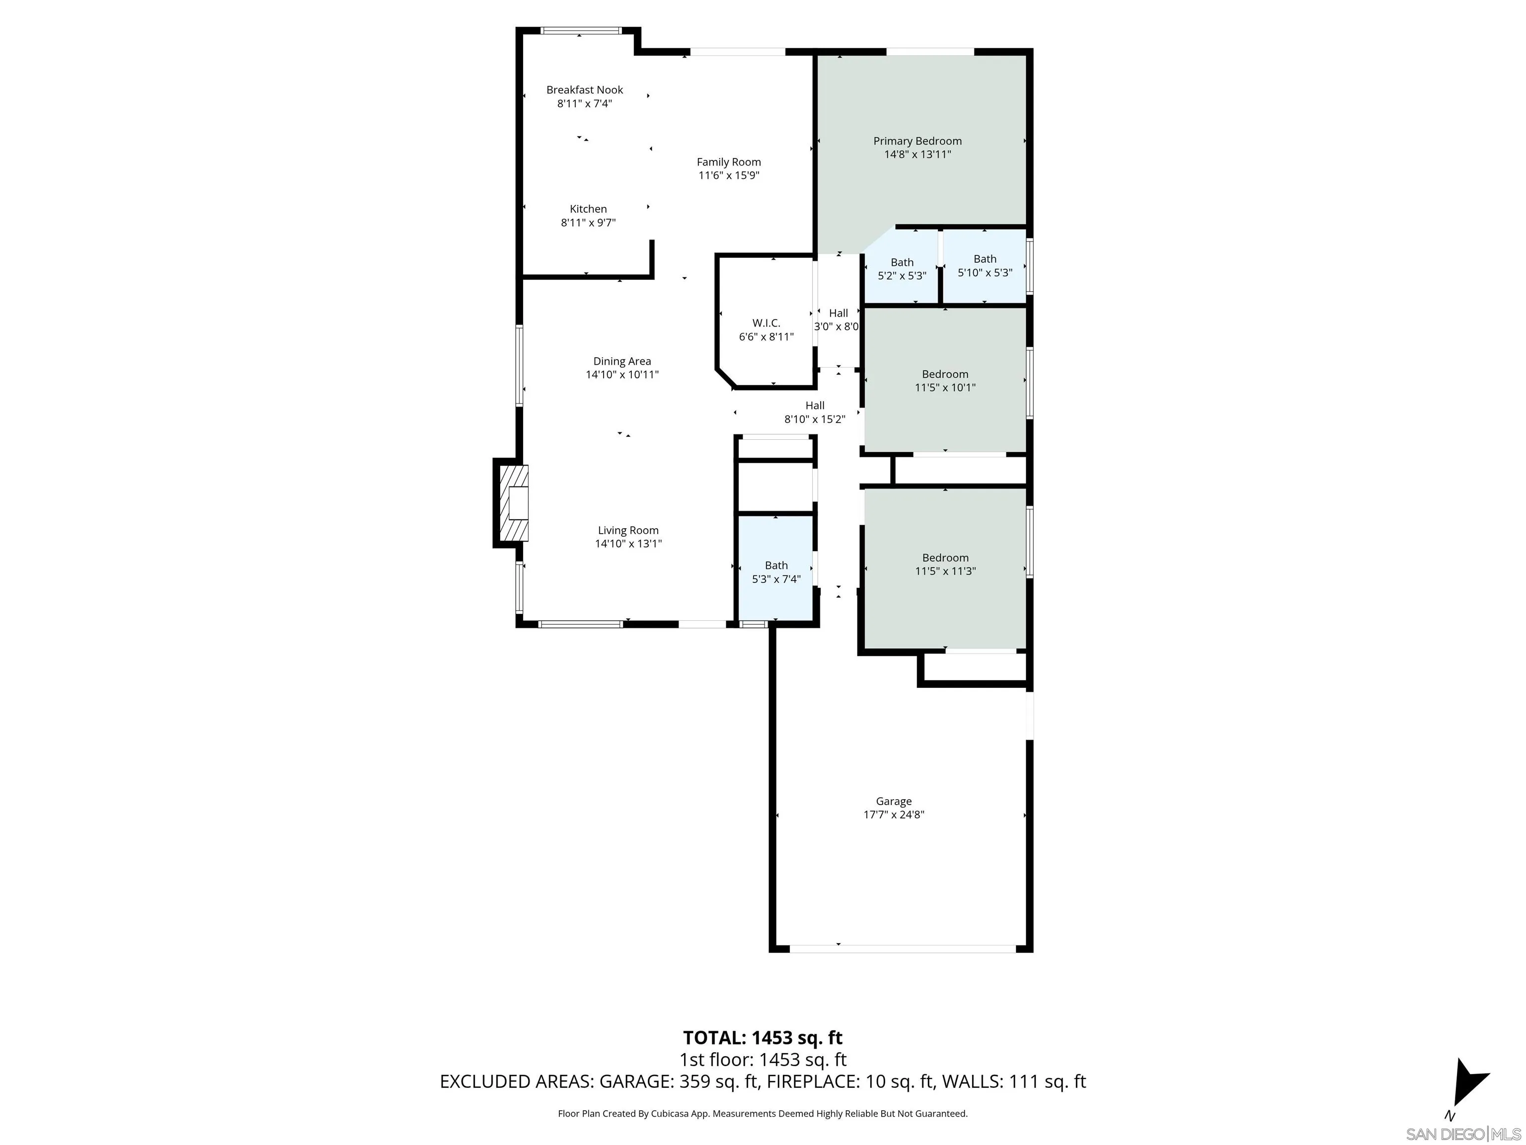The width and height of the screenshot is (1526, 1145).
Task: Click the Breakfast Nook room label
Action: click(584, 90)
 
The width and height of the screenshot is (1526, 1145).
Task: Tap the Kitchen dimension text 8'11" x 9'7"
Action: click(588, 222)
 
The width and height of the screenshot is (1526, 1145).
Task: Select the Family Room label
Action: click(729, 162)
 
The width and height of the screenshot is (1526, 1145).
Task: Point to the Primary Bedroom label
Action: click(917, 141)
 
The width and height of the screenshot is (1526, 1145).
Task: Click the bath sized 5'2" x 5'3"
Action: click(902, 268)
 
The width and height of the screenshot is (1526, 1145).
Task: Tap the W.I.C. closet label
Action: click(766, 323)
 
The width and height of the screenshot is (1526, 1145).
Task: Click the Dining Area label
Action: click(621, 361)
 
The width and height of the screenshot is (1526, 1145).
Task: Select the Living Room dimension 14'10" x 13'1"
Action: click(628, 544)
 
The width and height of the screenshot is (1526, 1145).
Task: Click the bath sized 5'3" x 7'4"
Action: click(776, 572)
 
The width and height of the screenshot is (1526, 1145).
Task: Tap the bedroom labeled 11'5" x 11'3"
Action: click(944, 564)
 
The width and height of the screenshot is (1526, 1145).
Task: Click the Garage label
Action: click(893, 801)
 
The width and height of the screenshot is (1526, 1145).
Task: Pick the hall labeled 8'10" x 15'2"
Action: click(814, 412)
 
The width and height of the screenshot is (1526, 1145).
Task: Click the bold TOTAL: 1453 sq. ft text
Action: click(763, 1037)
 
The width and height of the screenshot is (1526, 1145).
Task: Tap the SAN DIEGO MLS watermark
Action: click(1462, 1134)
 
